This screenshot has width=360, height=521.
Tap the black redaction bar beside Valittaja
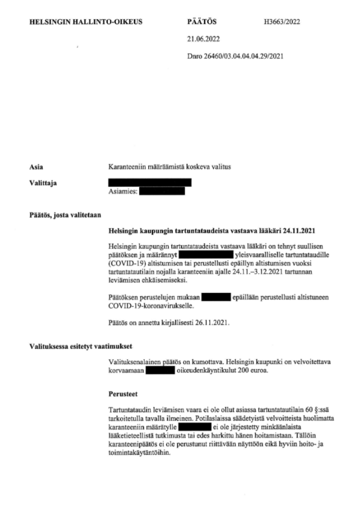click(x=150, y=182)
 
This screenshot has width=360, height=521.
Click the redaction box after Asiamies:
click(x=161, y=191)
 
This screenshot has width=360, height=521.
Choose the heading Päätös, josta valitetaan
click(x=62, y=215)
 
